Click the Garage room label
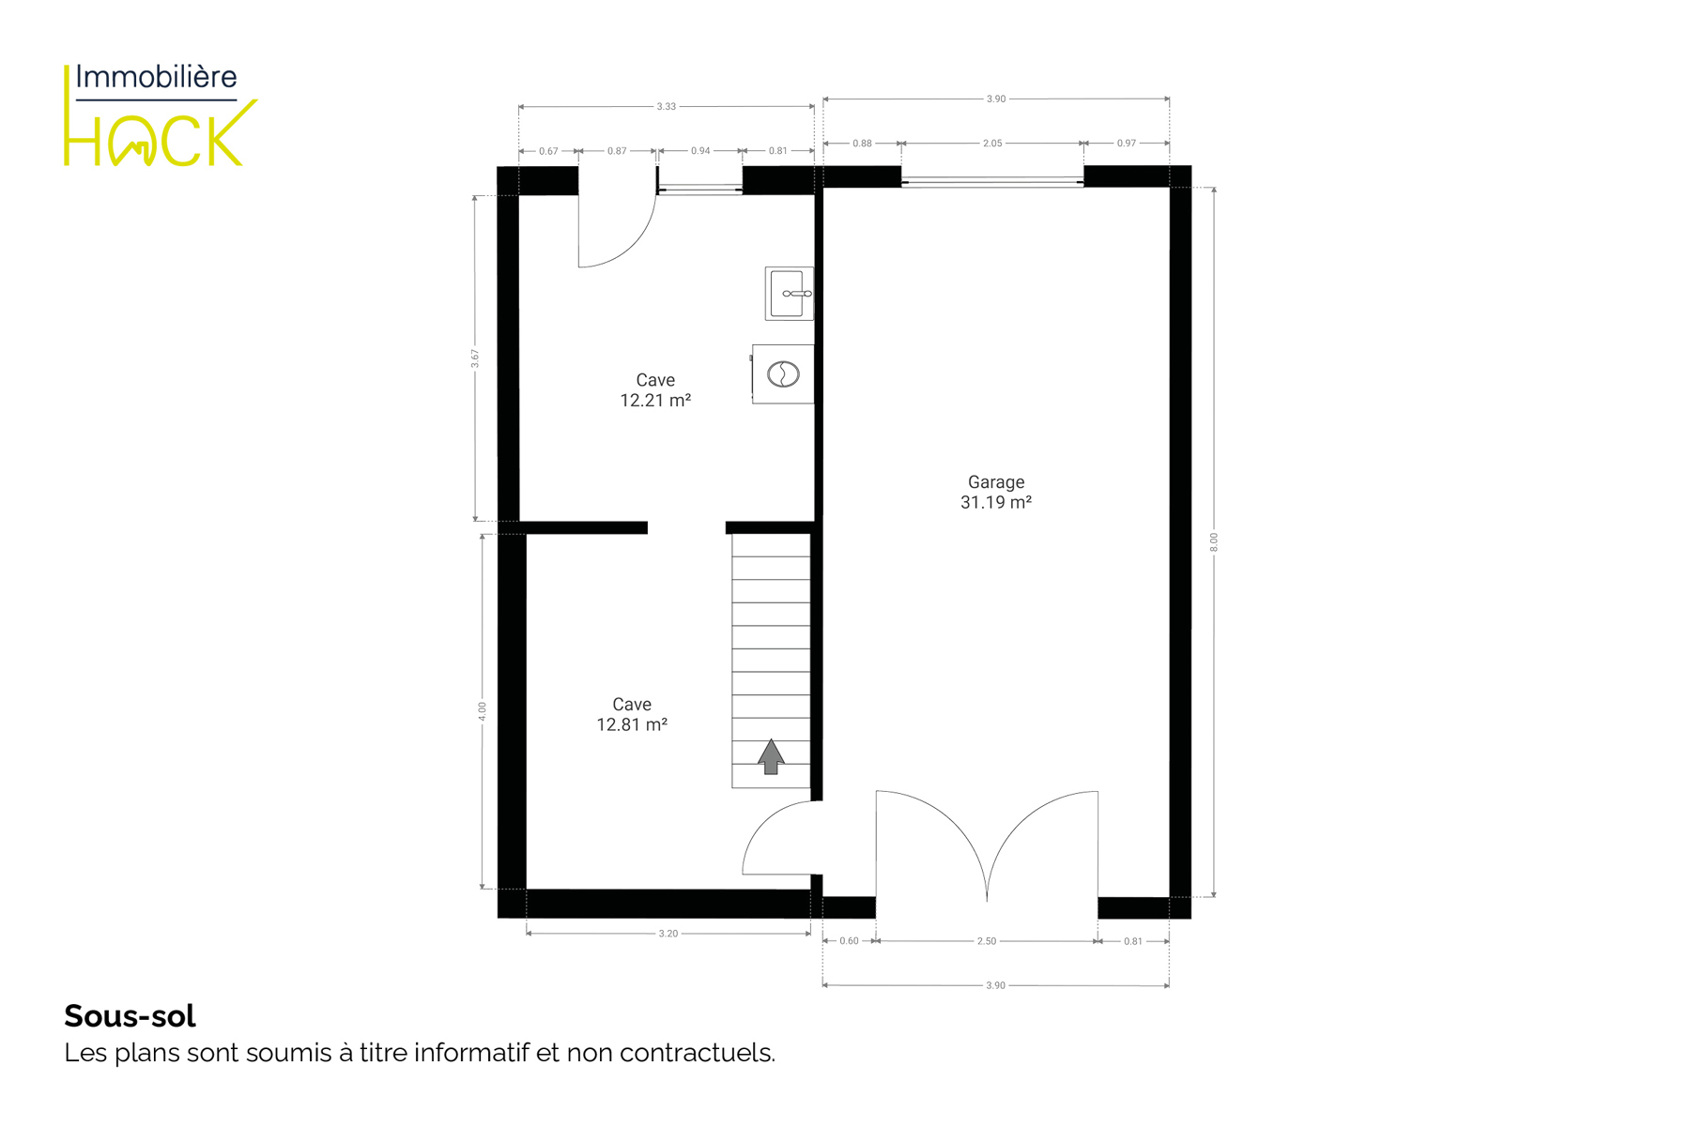[996, 482]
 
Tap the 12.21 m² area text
[655, 401]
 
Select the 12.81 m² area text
[632, 724]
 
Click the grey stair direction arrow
[771, 756]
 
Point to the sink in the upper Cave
[789, 294]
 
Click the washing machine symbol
[783, 374]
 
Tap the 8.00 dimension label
[1213, 542]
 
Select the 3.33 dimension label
[666, 107]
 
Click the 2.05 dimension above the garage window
[992, 144]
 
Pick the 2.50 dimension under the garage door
[987, 941]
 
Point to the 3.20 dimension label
[668, 934]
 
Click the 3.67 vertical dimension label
[475, 358]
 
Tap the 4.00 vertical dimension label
[483, 711]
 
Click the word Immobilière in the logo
[156, 77]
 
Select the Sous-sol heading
[130, 1015]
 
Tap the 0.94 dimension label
[700, 151]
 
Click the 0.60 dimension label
[849, 941]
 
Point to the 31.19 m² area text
[996, 503]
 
